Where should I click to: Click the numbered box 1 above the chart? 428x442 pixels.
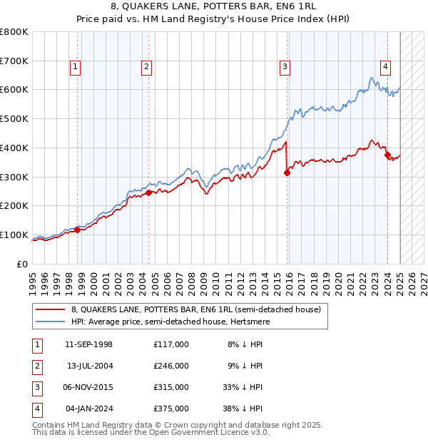pyautogui.click(x=75, y=68)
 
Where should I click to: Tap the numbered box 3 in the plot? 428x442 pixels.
pyautogui.click(x=285, y=68)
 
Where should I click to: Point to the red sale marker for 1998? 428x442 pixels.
pyautogui.click(x=77, y=230)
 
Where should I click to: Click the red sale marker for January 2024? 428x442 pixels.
pyautogui.click(x=387, y=155)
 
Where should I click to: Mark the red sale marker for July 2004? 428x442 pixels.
pyautogui.click(x=148, y=192)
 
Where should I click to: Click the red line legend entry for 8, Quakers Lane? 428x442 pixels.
pyautogui.click(x=196, y=309)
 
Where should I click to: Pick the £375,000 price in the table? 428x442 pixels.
pyautogui.click(x=170, y=408)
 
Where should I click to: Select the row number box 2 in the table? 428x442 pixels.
pyautogui.click(x=36, y=366)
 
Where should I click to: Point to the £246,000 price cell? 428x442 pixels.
pyautogui.click(x=170, y=366)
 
